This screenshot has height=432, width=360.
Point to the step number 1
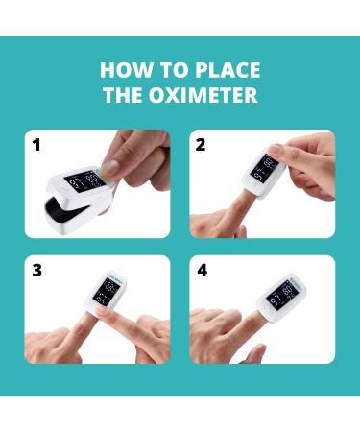[36, 146]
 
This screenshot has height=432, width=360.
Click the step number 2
[201, 146]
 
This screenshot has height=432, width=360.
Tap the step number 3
[36, 270]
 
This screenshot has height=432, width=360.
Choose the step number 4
[202, 270]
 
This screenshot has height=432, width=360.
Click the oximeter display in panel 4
[280, 291]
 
